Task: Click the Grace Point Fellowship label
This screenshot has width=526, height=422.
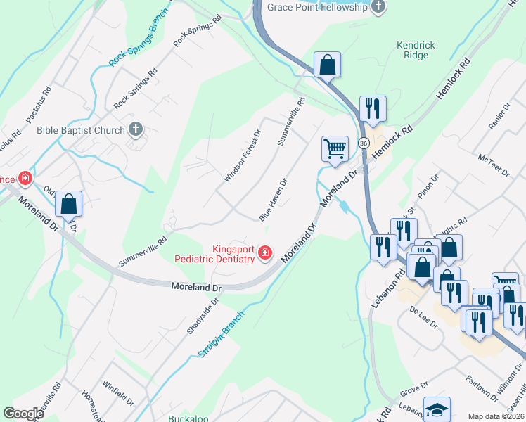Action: click(318, 7)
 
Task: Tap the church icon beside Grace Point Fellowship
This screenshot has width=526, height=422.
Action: click(378, 7)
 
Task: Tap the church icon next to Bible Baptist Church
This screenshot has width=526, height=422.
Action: click(136, 129)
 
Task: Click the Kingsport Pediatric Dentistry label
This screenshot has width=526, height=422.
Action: click(214, 254)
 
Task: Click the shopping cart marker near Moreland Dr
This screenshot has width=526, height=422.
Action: click(335, 149)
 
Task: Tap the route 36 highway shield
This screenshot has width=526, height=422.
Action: click(363, 143)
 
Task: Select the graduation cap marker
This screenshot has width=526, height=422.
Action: click(436, 409)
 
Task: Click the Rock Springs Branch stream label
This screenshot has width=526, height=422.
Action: click(141, 39)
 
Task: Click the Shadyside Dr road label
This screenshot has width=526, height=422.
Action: click(203, 315)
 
